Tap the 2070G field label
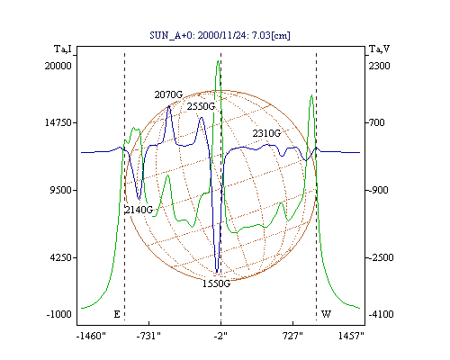click(168, 94)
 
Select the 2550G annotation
click(201, 106)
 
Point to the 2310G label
click(266, 133)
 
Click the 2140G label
click(139, 210)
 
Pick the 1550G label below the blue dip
click(216, 283)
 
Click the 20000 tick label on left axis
click(58, 66)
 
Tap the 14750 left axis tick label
click(58, 122)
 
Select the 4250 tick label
click(61, 257)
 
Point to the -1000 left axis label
click(59, 314)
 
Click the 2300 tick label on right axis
click(379, 66)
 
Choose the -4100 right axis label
click(381, 314)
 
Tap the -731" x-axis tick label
click(148, 337)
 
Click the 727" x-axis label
click(292, 337)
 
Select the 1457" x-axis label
click(351, 337)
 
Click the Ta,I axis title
click(63, 49)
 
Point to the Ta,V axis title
click(380, 49)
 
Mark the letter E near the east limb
click(117, 314)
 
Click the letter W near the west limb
click(326, 314)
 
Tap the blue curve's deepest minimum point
click(217, 273)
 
